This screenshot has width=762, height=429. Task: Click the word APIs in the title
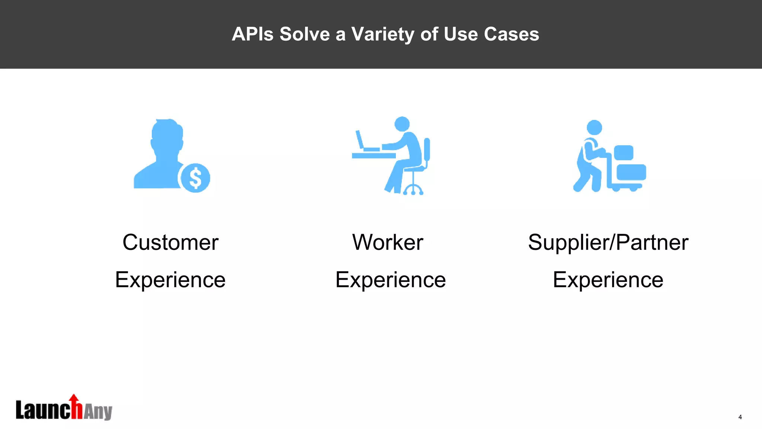click(x=253, y=34)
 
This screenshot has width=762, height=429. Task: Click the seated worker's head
click(x=402, y=124)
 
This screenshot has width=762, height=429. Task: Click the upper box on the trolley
click(x=623, y=153)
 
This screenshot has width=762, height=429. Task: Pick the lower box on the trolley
click(x=631, y=172)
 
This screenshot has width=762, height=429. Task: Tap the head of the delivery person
click(x=594, y=127)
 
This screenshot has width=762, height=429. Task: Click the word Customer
click(x=170, y=242)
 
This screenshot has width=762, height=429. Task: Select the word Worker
click(x=388, y=242)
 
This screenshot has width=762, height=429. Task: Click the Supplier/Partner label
click(x=608, y=242)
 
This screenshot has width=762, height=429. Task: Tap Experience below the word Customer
click(x=170, y=280)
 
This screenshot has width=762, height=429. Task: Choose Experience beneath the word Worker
click(x=390, y=280)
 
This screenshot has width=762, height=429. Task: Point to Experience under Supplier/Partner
click(x=608, y=280)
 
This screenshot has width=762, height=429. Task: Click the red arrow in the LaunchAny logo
click(x=74, y=399)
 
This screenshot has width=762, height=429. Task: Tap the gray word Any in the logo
click(x=98, y=411)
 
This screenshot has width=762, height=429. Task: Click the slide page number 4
click(x=740, y=417)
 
